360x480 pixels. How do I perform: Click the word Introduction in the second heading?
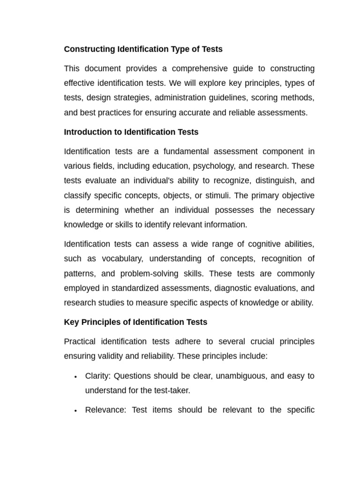pyautogui.click(x=86, y=132)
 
